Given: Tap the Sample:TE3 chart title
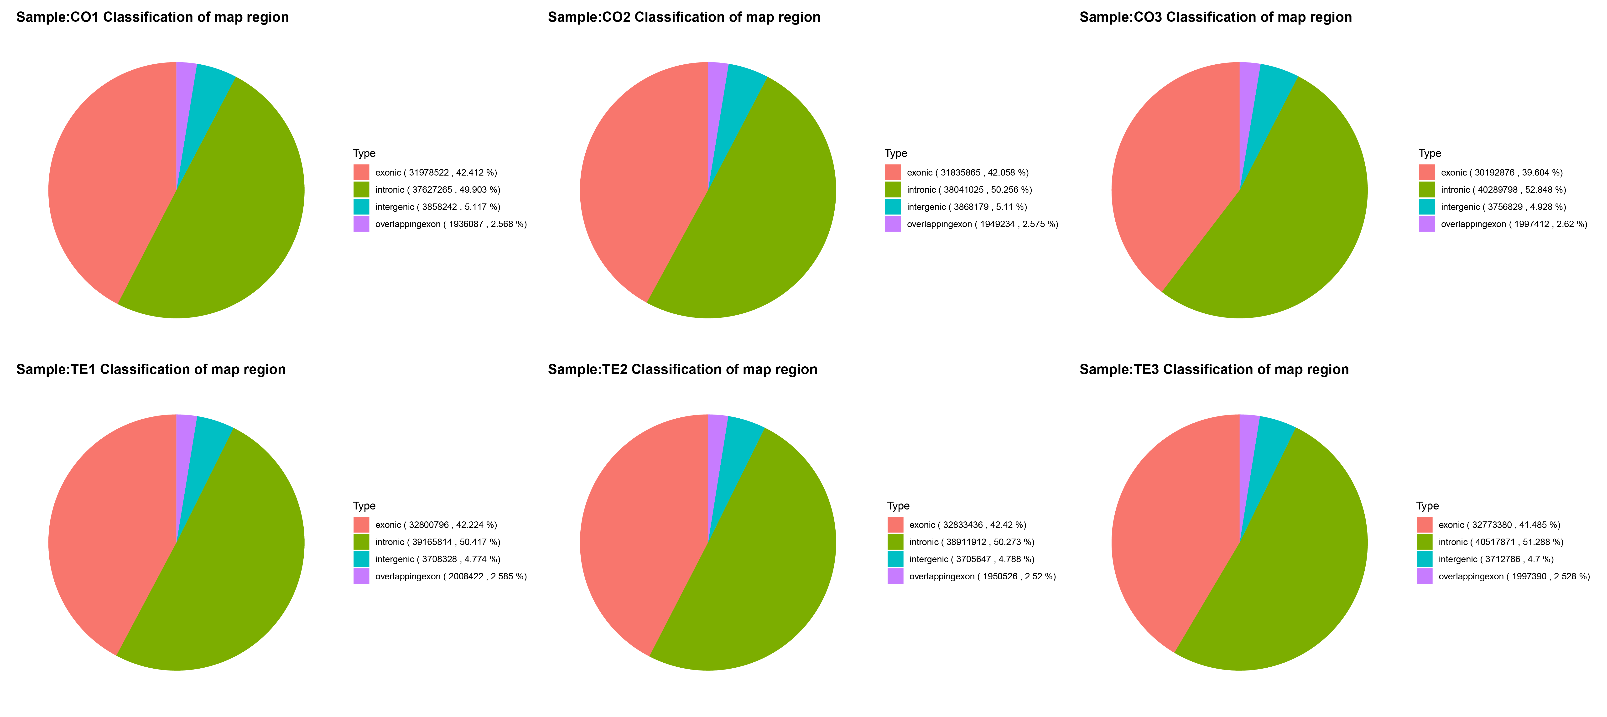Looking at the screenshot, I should pyautogui.click(x=1214, y=369).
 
